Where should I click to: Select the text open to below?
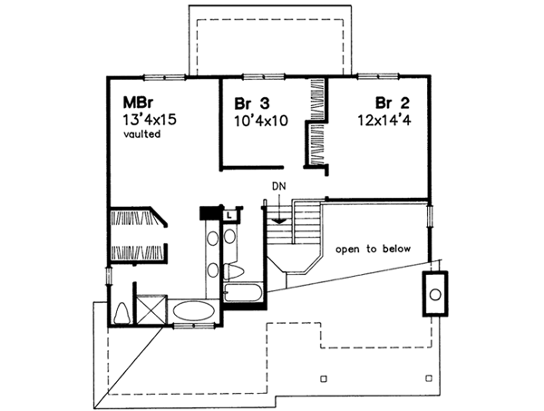pyautogui.click(x=373, y=249)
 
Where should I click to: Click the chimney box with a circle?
pyautogui.click(x=435, y=294)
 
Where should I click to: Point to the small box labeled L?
pyautogui.click(x=229, y=215)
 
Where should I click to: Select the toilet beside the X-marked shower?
pyautogui.click(x=121, y=311)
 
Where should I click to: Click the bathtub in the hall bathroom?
pyautogui.click(x=243, y=294)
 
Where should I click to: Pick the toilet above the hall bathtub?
pyautogui.click(x=233, y=271)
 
